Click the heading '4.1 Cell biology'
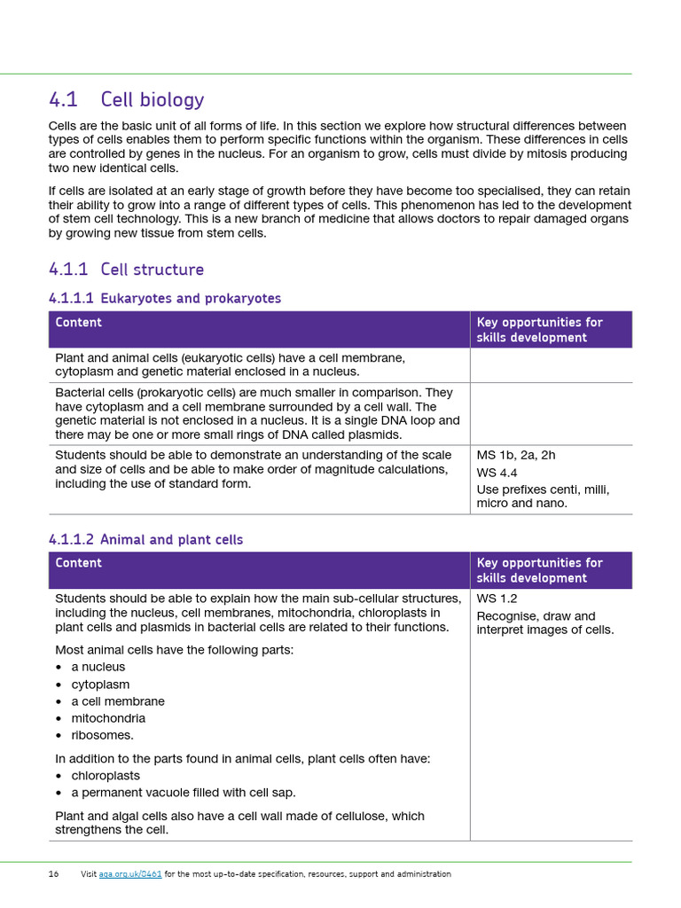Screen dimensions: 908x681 coord(126,99)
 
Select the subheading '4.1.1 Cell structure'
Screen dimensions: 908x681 coord(126,270)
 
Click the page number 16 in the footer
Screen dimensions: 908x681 coord(53,874)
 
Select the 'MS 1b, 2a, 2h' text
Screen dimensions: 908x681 coord(516,455)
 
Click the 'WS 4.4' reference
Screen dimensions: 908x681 coord(497,473)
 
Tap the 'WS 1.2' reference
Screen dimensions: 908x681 coord(497,599)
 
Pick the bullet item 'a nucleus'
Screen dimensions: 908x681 coord(98,667)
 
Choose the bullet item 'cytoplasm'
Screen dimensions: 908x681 coord(100,685)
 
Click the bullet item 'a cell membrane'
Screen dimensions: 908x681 coord(118,701)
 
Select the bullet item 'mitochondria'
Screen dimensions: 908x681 coord(108,718)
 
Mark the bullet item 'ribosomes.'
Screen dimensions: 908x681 coord(103,735)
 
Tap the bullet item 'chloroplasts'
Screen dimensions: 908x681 coord(106,776)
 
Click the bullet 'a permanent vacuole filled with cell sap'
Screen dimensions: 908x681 coord(184,793)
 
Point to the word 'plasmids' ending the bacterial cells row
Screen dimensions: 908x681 coord(375,434)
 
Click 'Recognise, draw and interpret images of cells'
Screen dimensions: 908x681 coord(544,623)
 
